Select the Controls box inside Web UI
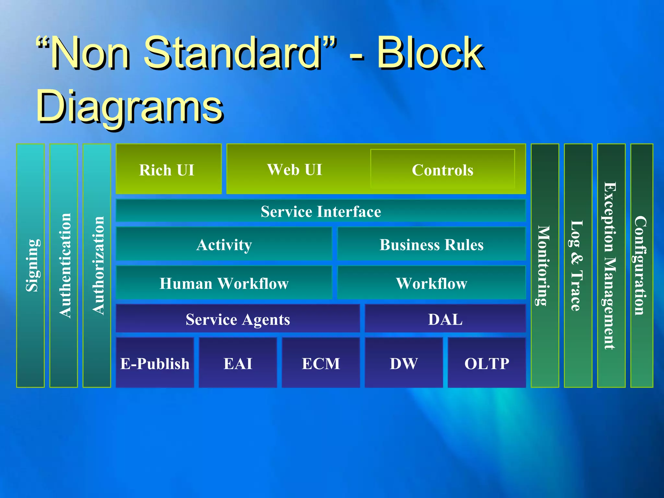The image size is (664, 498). [443, 169]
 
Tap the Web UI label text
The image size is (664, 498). [294, 169]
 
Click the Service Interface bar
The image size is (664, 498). [321, 211]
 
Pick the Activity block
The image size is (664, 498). [224, 244]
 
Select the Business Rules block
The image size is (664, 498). [431, 244]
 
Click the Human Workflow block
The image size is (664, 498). [224, 283]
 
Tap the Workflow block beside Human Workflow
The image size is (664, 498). [431, 283]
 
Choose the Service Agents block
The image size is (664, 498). [238, 319]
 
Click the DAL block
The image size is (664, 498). [445, 319]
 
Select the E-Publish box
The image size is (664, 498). [155, 363]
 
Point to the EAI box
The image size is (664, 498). [238, 363]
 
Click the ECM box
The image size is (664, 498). [321, 363]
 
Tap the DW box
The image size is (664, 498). [404, 363]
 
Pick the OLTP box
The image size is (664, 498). [487, 363]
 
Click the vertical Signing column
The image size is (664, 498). [30, 266]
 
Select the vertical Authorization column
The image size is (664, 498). [97, 266]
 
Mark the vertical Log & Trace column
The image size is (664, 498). [578, 266]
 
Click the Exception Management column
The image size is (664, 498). [611, 266]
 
